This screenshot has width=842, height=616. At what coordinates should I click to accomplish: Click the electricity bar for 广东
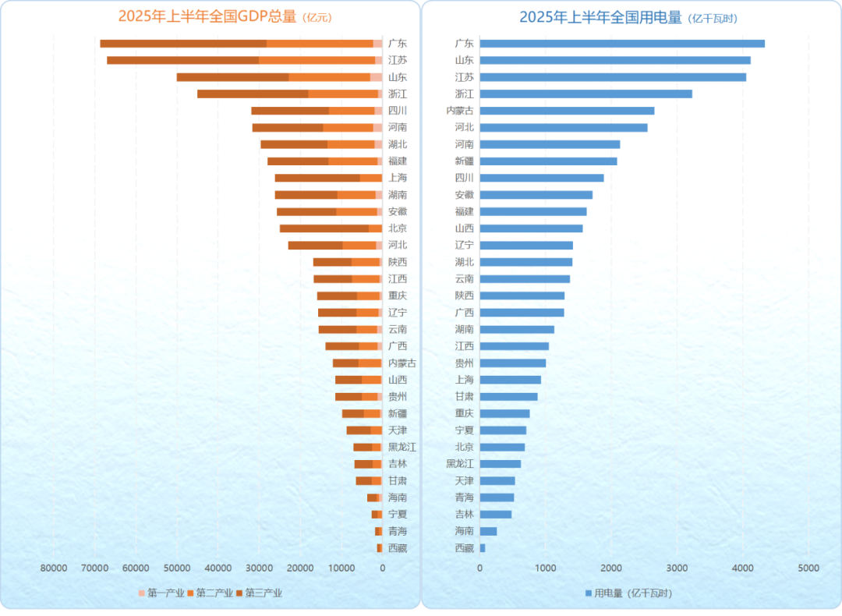622,44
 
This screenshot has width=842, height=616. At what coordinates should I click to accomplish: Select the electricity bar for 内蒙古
567,111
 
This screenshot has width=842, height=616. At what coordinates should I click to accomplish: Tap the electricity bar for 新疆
548,161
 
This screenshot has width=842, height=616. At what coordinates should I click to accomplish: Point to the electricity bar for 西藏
483,548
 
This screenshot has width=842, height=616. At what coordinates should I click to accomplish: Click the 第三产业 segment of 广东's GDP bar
183,44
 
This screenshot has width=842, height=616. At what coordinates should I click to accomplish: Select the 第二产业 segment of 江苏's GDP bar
317,60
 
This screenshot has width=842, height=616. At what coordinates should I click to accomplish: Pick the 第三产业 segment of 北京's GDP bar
324,228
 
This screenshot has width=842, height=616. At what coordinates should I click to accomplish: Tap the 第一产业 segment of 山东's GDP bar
376,77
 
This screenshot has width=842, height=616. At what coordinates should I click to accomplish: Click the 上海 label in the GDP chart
397,178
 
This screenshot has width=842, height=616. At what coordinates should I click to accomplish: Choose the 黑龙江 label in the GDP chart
402,447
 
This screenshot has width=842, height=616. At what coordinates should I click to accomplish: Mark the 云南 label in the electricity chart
464,279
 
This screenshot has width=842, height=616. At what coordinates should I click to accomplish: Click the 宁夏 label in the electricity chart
464,430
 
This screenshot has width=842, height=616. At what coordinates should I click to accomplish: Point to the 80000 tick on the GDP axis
53,568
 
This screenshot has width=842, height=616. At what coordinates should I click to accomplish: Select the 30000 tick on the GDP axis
259,568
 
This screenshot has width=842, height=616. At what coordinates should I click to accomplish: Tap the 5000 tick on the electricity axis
808,568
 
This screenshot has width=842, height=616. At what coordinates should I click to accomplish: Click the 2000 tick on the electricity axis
610,568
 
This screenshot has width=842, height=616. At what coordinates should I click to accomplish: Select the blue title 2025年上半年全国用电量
600,17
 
